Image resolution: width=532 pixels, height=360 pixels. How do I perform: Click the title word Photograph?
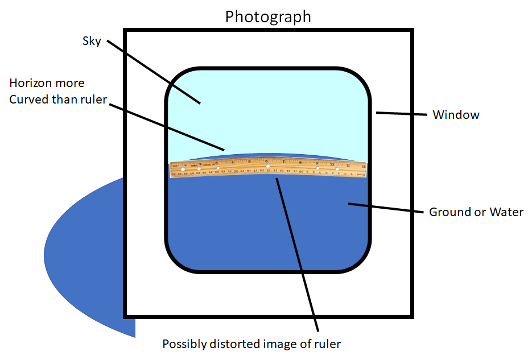click(x=268, y=16)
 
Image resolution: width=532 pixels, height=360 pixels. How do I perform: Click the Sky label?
click(x=92, y=40)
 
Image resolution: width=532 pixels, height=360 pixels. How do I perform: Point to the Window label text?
click(x=456, y=115)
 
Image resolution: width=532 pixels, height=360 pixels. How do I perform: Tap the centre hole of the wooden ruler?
click(x=268, y=165)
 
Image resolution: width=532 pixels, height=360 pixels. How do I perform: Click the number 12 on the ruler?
click(x=363, y=166)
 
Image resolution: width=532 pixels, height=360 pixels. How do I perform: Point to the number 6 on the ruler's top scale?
click(x=267, y=161)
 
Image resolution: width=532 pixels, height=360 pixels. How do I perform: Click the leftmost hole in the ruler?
click(x=182, y=169)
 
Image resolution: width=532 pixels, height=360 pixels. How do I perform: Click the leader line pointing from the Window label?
click(x=401, y=114)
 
